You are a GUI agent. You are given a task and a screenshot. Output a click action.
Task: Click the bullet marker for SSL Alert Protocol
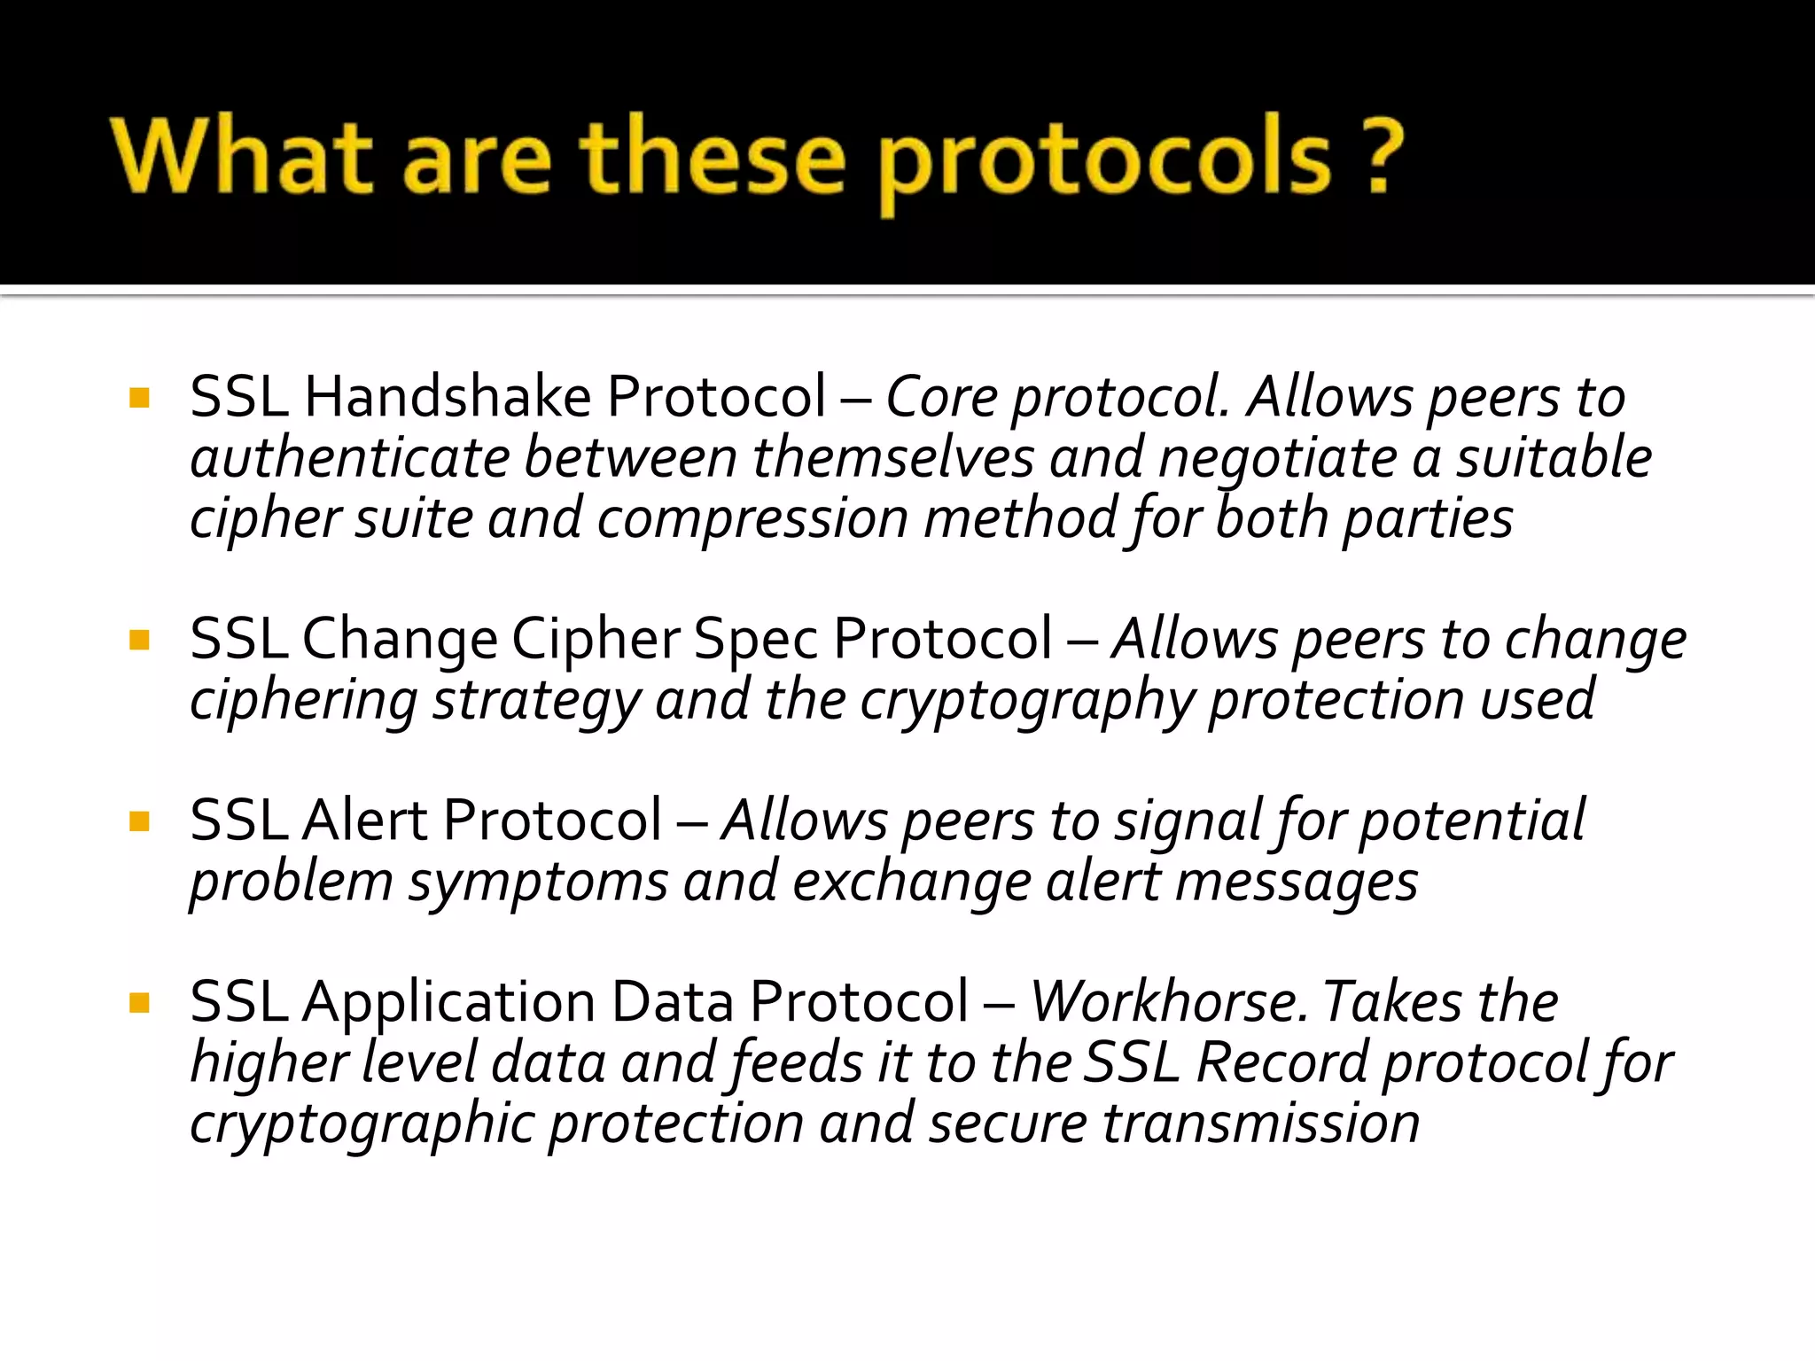point(139,820)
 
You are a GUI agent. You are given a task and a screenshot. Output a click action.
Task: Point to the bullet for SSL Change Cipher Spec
point(139,639)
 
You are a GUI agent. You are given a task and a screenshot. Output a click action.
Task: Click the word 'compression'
point(752,519)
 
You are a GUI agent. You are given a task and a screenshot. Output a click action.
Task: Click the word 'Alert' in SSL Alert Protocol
point(364,820)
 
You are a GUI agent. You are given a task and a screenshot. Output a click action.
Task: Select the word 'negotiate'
point(1277,458)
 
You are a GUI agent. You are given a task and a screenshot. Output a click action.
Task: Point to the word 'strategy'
point(536,701)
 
